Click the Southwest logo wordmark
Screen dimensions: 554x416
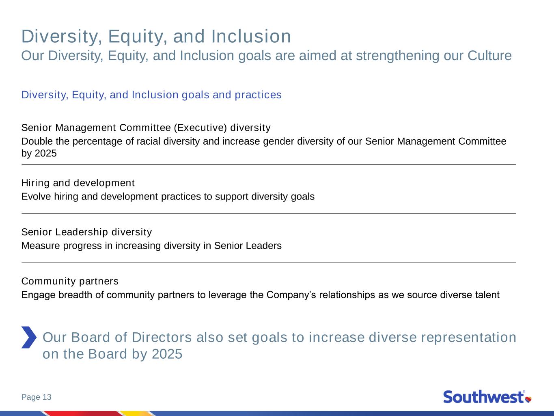(x=484, y=397)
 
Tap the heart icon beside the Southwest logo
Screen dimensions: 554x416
(x=528, y=399)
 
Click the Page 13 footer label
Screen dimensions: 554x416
(x=37, y=397)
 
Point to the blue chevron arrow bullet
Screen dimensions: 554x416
(x=29, y=338)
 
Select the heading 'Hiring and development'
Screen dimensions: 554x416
(x=78, y=183)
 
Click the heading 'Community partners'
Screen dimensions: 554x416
(x=70, y=282)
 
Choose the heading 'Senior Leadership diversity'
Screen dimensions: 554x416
(x=86, y=232)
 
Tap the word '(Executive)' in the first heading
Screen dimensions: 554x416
(x=200, y=128)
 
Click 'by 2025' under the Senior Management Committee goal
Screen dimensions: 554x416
(x=39, y=153)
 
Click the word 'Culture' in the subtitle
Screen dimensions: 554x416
(x=489, y=56)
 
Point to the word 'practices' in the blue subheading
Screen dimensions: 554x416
(x=258, y=95)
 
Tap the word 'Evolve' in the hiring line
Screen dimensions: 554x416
(x=36, y=197)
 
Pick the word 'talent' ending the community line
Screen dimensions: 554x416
(x=487, y=295)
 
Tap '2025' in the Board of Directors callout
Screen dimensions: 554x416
(x=167, y=354)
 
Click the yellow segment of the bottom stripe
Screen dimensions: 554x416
(x=136, y=414)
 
